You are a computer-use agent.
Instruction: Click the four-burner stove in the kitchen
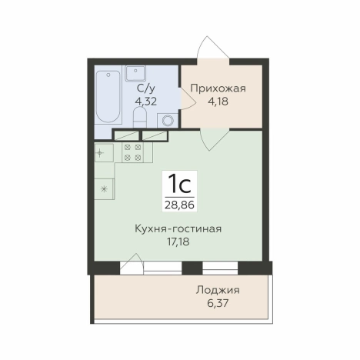click(132, 152)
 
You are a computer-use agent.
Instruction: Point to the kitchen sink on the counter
click(105, 152)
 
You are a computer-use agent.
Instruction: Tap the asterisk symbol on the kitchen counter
click(105, 188)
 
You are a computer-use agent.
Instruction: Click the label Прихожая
click(218, 88)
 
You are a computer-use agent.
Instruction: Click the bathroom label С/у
click(145, 87)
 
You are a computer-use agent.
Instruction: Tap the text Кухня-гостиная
click(178, 228)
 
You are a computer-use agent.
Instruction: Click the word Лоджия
click(218, 290)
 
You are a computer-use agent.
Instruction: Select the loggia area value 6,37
click(218, 303)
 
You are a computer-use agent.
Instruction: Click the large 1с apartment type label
click(178, 185)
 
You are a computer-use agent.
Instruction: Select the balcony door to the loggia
click(132, 268)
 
